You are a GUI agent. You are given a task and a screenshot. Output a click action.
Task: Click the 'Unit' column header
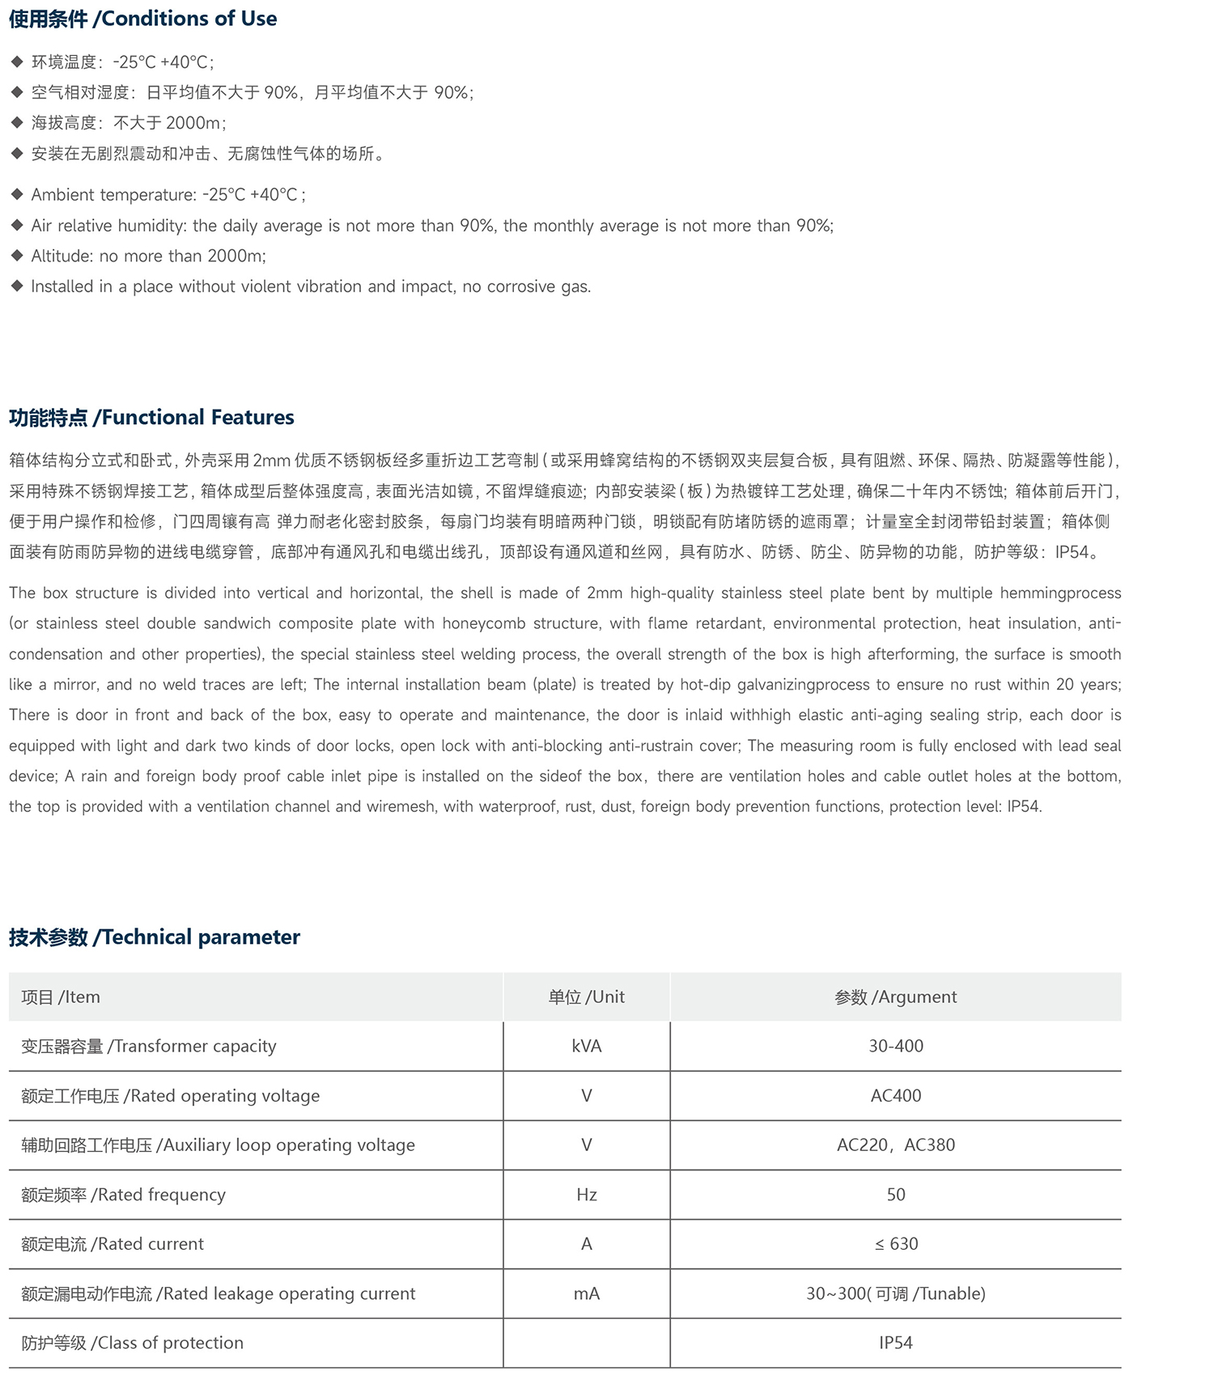point(586,996)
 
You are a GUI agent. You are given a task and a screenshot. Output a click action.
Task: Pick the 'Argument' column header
point(895,996)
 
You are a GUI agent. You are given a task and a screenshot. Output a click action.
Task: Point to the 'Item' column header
point(61,996)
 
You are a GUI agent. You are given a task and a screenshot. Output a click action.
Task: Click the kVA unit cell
point(586,1046)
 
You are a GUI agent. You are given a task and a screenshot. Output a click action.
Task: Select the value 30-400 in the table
point(895,1046)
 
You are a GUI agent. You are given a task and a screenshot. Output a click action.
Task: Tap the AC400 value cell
point(895,1095)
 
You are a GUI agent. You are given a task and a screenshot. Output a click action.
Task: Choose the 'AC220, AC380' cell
point(895,1145)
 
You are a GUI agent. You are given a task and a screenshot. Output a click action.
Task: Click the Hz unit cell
point(586,1194)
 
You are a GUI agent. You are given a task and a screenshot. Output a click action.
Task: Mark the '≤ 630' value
point(895,1243)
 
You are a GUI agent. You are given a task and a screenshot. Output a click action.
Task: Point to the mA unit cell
point(586,1293)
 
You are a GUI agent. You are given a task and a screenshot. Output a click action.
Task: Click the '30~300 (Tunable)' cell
point(895,1293)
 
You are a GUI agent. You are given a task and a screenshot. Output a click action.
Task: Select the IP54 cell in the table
point(895,1343)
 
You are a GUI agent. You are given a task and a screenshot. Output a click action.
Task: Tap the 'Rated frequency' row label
point(123,1194)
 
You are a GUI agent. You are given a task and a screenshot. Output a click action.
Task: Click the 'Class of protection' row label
point(132,1343)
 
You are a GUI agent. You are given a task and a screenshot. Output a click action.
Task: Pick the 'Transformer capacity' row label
point(149,1046)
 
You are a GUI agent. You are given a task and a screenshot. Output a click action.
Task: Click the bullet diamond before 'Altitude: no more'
point(17,256)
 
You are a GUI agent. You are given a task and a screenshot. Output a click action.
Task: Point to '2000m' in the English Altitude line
point(236,256)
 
